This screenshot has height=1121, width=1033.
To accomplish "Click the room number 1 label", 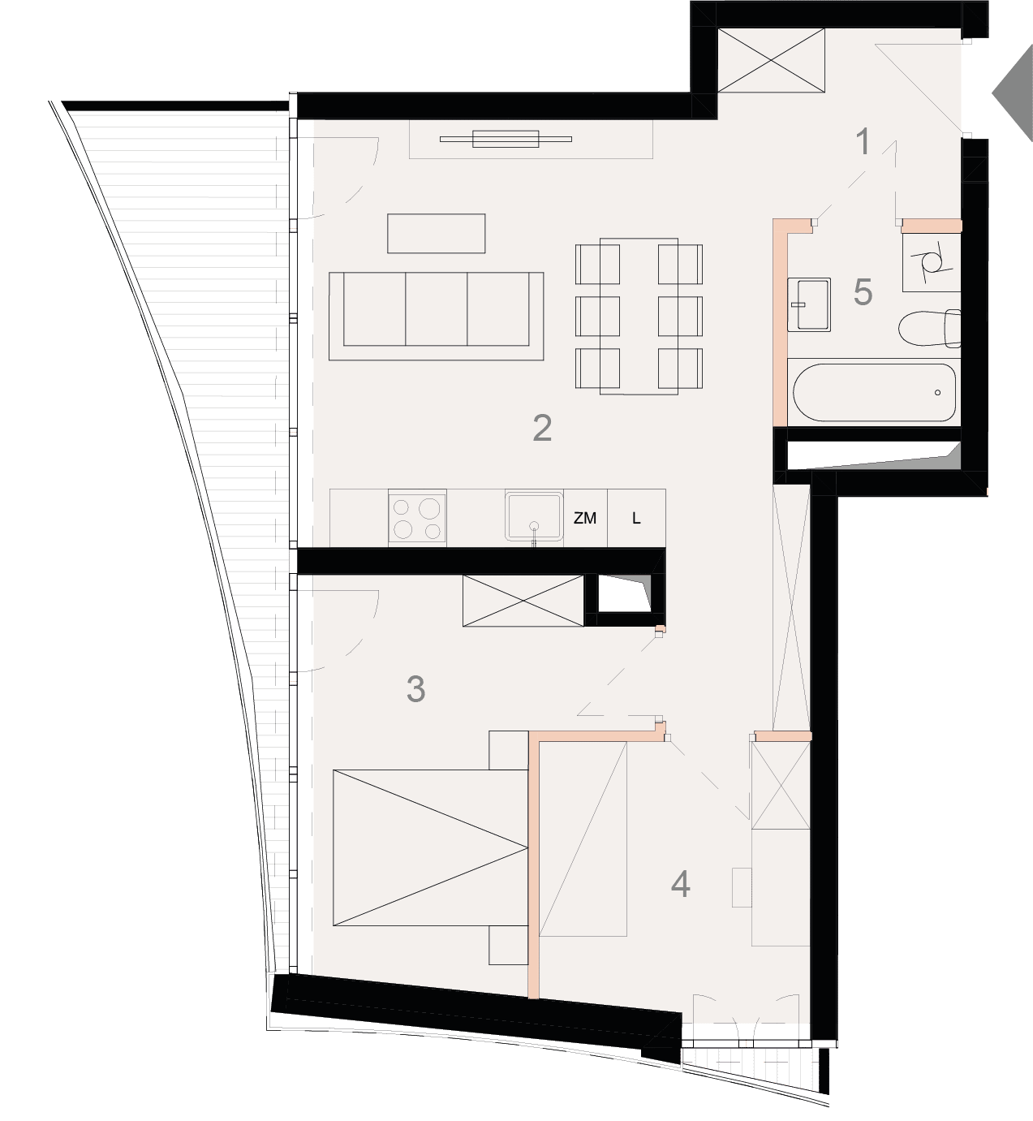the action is (863, 141).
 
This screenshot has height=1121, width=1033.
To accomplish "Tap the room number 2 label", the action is (542, 428).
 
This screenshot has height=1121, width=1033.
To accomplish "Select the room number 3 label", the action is (415, 689).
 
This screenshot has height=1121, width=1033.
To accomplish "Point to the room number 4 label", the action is (680, 885).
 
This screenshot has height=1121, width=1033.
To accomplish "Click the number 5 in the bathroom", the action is (863, 292).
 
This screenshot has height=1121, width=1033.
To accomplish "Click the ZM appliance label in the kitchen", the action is (585, 518).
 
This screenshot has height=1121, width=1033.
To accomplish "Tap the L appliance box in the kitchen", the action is (636, 518).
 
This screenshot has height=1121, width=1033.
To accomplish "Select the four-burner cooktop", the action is (417, 517).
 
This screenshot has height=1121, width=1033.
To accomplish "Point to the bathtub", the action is (874, 392).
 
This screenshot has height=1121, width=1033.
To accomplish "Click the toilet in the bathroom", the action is (929, 328).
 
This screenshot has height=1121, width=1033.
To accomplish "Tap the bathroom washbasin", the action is (809, 304).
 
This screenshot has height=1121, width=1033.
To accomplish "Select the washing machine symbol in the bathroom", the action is (932, 263).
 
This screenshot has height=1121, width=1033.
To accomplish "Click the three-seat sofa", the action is (437, 316).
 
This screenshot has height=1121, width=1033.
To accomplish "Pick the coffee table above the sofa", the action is (437, 233).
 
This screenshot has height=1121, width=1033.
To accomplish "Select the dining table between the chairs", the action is (639, 316).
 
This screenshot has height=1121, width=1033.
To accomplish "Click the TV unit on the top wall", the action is (506, 139).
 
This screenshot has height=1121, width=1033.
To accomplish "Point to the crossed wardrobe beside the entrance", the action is (771, 60).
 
